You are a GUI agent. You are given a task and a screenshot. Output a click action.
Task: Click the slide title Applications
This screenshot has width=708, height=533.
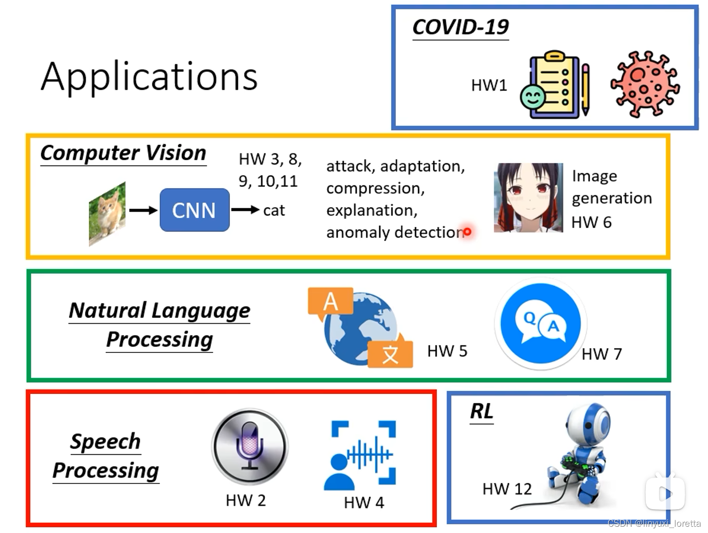(149, 77)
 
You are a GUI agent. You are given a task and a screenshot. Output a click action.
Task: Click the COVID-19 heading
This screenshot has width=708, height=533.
(460, 27)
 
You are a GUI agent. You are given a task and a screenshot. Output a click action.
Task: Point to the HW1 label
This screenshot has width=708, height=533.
(489, 85)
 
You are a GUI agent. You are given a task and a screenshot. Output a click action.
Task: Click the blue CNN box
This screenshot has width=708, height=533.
(194, 210)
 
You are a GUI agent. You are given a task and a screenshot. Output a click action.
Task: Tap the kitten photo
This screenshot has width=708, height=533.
(107, 213)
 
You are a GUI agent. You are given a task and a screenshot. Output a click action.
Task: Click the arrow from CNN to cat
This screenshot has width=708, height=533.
(245, 210)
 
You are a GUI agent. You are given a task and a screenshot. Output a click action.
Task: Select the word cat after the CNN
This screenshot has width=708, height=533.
(274, 211)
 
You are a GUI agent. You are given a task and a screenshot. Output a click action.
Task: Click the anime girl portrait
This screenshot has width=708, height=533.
(528, 198)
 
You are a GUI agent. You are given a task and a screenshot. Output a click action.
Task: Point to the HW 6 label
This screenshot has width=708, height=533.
(591, 222)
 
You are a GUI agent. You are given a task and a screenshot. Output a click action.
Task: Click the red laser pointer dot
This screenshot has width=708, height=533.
(467, 232)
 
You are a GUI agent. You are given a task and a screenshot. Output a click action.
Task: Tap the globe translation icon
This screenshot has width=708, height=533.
(360, 328)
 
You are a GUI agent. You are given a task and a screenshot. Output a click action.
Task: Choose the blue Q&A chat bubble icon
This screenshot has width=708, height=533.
(540, 323)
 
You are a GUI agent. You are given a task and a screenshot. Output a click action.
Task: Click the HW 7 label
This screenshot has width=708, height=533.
(601, 354)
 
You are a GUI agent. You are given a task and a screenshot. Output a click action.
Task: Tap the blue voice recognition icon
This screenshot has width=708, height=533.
(360, 455)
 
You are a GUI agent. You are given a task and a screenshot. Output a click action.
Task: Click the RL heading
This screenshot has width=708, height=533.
(481, 412)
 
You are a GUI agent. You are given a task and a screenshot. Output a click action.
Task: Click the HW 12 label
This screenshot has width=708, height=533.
(507, 489)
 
